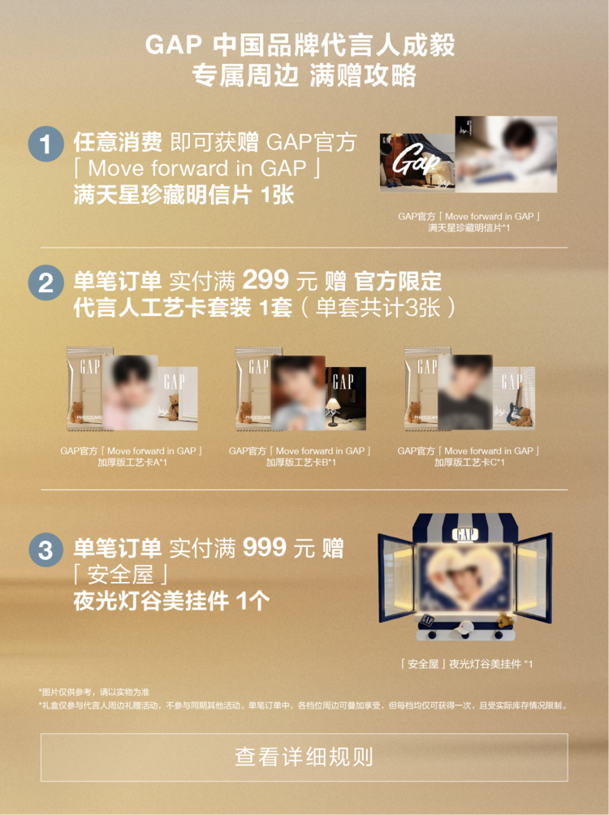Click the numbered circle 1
coord(45,144)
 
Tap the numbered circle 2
coord(45,283)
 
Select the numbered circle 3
coord(45,550)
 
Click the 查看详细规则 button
coord(304,757)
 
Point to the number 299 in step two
coord(266,281)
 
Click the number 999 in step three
coord(266,548)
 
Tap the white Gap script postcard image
coord(417,164)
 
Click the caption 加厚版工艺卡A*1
coord(131,463)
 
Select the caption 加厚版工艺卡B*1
coord(300,463)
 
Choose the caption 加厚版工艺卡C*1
coord(469,463)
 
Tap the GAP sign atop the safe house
coord(465,535)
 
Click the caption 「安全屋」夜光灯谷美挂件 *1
coord(467,664)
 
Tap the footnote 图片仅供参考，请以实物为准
coord(94,692)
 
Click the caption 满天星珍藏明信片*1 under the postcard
coord(469,228)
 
